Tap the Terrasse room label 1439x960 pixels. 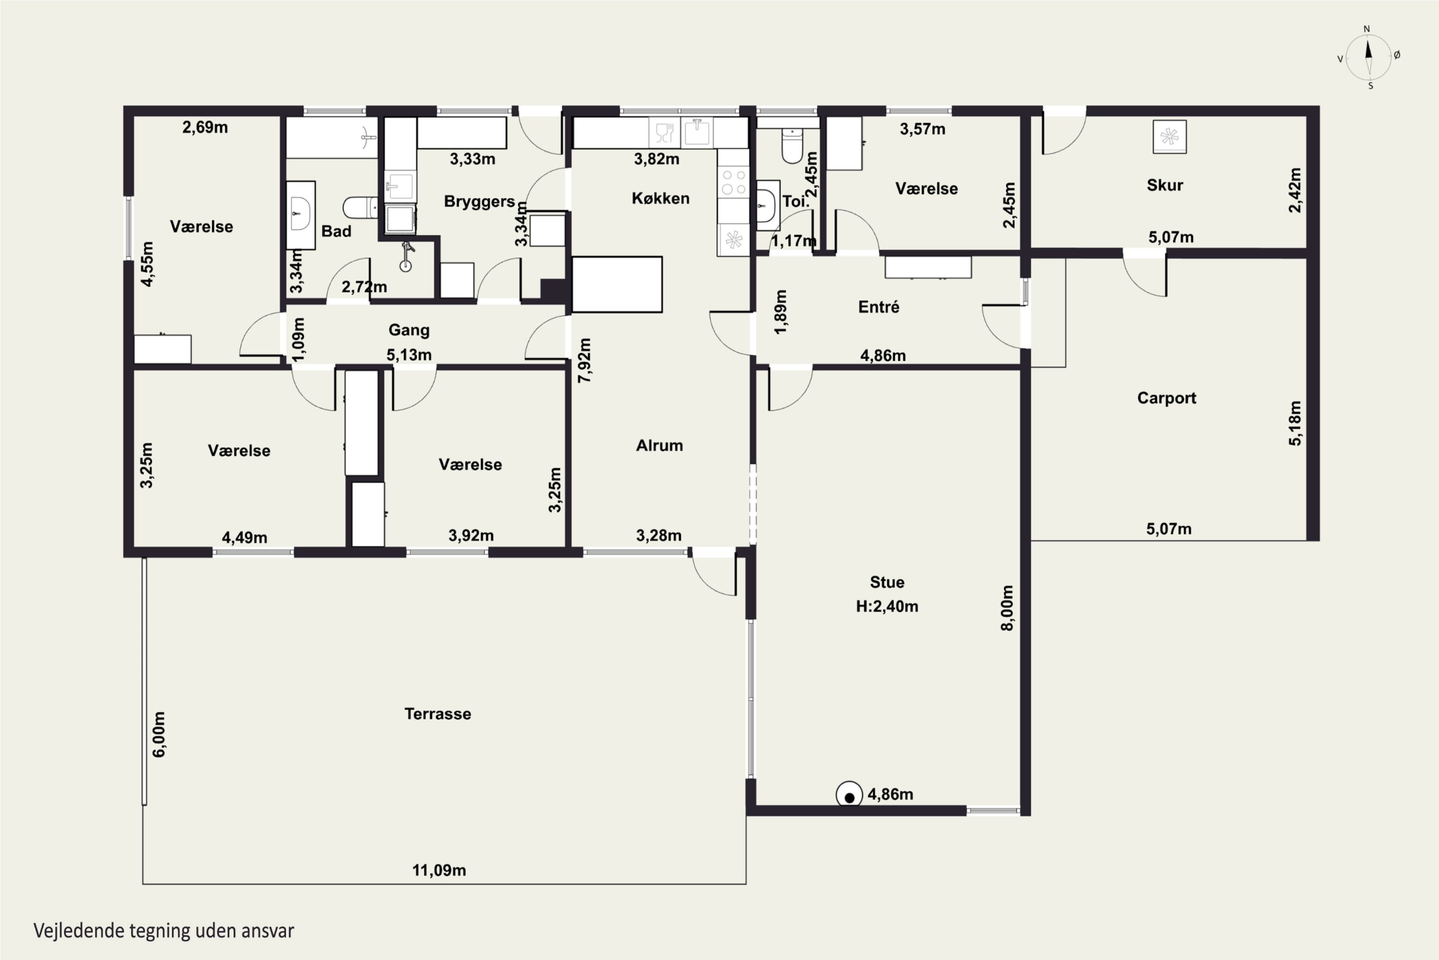(437, 714)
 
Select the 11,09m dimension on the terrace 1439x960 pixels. (439, 870)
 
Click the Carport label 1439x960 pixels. (1166, 398)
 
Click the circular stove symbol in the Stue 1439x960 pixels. (849, 795)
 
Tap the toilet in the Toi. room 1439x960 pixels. (792, 145)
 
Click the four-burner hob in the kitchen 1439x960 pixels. (733, 182)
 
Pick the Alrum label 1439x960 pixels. (659, 445)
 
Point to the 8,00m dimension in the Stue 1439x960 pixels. (1007, 608)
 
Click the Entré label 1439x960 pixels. (879, 307)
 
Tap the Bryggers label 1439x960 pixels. (479, 202)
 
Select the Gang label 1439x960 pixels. (409, 331)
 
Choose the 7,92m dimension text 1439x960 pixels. (585, 360)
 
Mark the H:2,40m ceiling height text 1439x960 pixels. (886, 606)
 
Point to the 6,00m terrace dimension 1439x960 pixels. (158, 735)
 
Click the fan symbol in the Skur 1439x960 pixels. (1169, 136)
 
